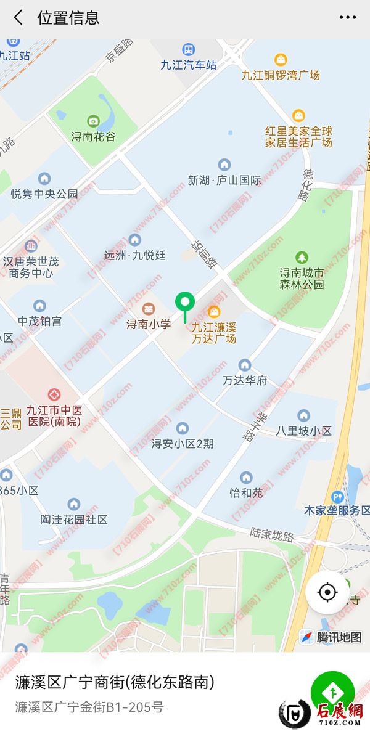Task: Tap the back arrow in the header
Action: pos(18,18)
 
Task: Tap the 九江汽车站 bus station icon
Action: pos(189,49)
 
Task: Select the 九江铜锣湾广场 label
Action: pos(281,75)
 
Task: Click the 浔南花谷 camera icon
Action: pos(93,121)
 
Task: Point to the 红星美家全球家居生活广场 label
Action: pos(298,137)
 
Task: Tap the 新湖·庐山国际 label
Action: pos(224,181)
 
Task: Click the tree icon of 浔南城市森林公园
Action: pos(302,256)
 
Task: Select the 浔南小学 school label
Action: pos(149,324)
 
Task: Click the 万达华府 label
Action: pos(245,381)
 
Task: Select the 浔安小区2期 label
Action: pos(183,443)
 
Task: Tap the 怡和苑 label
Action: pos(246,493)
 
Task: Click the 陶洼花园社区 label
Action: pos(74,520)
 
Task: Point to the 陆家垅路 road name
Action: pos(272,534)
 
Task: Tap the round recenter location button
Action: pos(327,592)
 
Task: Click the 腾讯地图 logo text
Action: pos(339,637)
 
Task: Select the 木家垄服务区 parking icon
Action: pos(337,496)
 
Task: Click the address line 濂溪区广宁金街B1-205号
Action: pos(89,707)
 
